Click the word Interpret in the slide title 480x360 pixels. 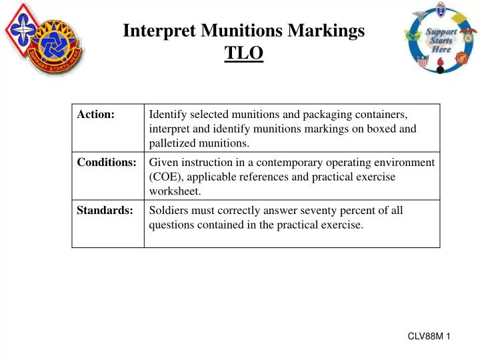155,30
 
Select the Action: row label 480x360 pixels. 96,115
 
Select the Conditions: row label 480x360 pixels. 107,163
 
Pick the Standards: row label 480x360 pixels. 105,211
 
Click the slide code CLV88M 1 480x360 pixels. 429,337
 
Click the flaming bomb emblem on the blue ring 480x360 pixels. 439,65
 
